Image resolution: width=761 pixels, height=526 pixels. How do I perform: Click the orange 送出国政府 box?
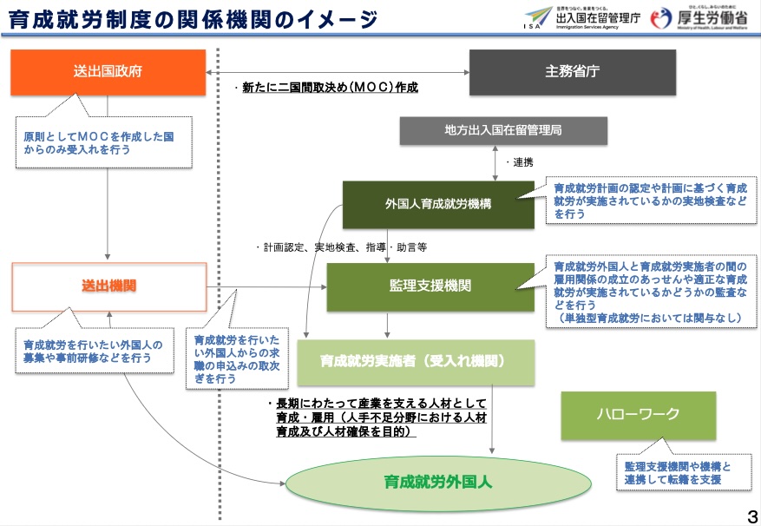click(x=108, y=72)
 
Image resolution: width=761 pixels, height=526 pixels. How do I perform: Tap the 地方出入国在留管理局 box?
click(x=503, y=130)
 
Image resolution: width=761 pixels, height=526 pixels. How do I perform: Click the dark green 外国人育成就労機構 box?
click(x=438, y=205)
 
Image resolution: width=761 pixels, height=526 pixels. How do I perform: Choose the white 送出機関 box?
click(x=108, y=286)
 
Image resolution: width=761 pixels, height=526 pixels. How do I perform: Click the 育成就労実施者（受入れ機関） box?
click(x=415, y=359)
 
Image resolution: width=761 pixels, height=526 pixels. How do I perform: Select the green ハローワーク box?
click(x=638, y=414)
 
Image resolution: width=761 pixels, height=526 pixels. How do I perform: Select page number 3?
click(x=751, y=513)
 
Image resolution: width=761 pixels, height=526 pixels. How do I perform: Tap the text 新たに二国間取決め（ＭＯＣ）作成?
click(x=326, y=88)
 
